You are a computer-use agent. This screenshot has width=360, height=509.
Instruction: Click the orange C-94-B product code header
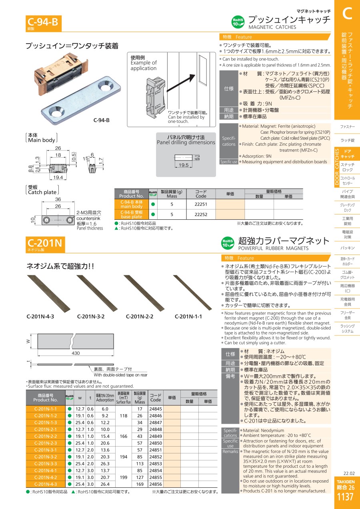[43, 23]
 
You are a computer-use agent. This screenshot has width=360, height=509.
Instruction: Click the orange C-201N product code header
[45, 244]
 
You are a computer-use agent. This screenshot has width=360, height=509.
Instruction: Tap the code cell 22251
[201, 204]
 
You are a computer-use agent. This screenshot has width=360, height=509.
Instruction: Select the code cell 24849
[156, 436]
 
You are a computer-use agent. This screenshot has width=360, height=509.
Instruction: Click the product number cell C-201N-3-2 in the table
[46, 457]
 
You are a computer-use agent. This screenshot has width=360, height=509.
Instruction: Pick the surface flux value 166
[124, 436]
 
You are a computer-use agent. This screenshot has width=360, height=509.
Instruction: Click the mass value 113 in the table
[140, 463]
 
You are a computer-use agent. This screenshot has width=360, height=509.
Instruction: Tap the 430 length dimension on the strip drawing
[76, 353]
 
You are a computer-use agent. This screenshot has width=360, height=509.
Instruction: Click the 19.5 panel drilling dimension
[184, 165]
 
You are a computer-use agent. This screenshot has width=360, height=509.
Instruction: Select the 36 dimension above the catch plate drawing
[58, 199]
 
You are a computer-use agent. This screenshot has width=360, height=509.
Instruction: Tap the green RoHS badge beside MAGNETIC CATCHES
[238, 22]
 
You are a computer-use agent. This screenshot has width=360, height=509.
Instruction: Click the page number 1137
[345, 497]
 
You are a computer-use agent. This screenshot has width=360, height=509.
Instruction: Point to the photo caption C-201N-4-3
[40, 316]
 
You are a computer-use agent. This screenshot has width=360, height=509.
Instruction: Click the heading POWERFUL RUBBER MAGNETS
[273, 248]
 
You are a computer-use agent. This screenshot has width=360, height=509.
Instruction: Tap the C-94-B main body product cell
[132, 204]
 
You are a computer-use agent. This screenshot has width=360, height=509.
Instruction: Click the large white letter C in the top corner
[347, 13]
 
